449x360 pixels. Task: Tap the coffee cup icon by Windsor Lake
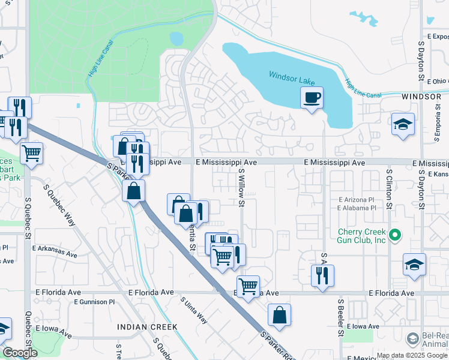(x=312, y=97)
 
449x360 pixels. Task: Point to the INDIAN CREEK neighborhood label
(x=147, y=327)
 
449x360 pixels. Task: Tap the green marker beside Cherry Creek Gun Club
(x=394, y=235)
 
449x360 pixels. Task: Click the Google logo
(x=20, y=353)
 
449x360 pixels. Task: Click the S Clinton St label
(x=389, y=188)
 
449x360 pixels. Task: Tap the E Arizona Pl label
(x=356, y=200)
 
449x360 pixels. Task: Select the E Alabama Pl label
(x=356, y=208)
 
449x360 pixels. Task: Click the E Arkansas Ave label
(x=55, y=248)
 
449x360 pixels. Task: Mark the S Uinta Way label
(x=195, y=310)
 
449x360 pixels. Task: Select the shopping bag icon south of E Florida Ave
(x=279, y=314)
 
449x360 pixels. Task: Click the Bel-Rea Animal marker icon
(x=412, y=339)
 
